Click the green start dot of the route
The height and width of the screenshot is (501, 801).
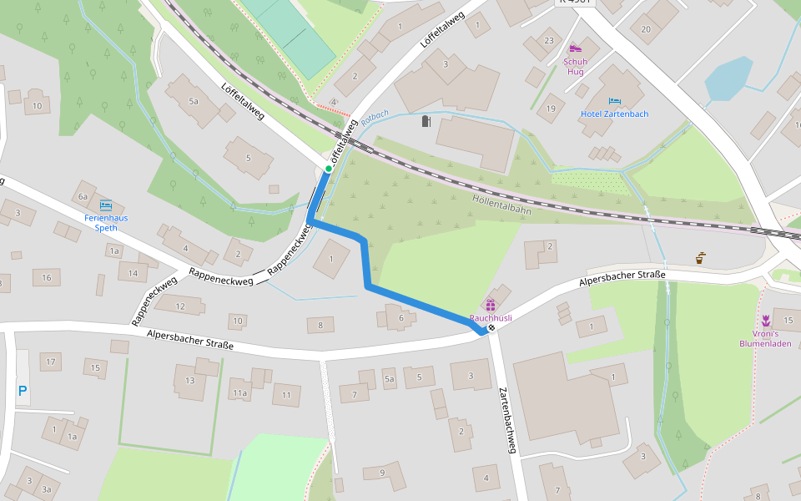pos(329,169)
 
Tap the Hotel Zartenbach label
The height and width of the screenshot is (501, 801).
pos(614,114)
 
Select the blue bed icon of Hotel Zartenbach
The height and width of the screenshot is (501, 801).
pos(615,99)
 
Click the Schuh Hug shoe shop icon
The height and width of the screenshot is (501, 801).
pos(575,48)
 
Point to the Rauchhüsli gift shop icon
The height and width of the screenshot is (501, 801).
pos(491,305)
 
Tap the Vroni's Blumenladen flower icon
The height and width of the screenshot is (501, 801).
pos(765,321)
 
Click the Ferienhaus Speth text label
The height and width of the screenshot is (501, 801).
pos(106,222)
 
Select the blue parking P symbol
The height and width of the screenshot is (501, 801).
pos(23,390)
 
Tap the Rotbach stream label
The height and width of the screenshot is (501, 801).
pos(375,117)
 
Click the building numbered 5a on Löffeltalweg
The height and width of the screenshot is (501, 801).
pos(194,101)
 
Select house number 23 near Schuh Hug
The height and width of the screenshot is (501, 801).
pos(548,41)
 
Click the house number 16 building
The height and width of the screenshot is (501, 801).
pos(47,277)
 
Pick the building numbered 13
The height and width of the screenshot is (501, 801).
pos(190,381)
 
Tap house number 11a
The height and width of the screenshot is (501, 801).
pos(240,392)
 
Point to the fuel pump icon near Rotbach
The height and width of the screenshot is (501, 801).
pos(426,122)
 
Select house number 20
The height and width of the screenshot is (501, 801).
pos(646,29)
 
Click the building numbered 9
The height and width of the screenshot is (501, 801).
pos(382,473)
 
